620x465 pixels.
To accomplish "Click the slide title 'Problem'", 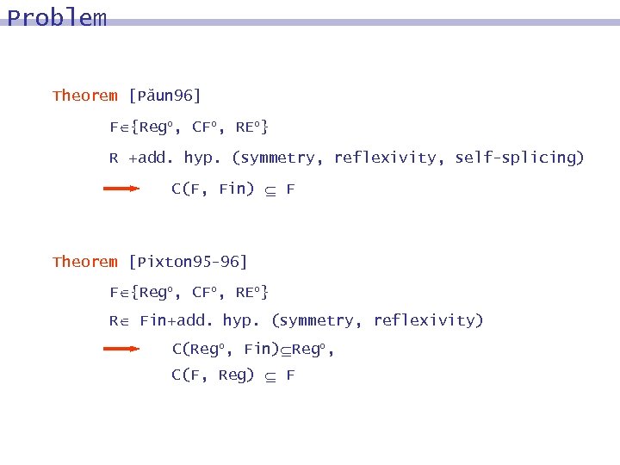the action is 57,18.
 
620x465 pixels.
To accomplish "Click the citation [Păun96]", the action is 164,96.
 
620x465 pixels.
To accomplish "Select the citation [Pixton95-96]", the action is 188,262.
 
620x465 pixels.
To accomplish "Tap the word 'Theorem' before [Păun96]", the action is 85,96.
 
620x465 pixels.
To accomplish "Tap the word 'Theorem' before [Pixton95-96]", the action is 85,262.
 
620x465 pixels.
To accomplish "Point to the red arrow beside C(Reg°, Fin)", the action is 121,349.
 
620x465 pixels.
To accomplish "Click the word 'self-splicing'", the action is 519,158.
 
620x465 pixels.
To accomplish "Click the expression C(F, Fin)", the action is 213,189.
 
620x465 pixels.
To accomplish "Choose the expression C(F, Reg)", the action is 213,375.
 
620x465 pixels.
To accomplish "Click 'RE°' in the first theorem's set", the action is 251,127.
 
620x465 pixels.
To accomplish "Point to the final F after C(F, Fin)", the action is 290,189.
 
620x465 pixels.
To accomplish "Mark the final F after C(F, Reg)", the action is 290,375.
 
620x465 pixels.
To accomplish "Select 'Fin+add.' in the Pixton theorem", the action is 177,320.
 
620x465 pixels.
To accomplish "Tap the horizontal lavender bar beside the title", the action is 362,22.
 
